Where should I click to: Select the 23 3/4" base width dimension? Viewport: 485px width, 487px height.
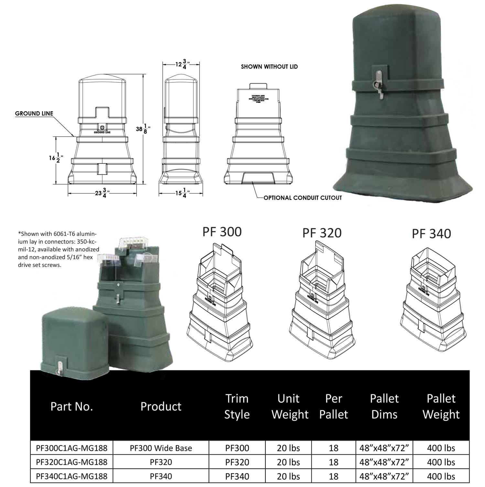click(102, 193)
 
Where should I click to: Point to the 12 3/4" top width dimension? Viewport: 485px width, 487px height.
click(181, 64)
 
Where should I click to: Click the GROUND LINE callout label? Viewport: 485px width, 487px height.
click(34, 113)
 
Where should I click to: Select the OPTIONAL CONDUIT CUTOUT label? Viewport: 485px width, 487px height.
click(302, 197)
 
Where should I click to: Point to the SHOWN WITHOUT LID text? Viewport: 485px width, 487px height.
click(269, 67)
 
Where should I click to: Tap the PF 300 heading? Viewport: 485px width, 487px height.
click(222, 232)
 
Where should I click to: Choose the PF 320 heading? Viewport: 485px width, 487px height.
click(322, 233)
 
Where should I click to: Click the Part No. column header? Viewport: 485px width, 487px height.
click(71, 406)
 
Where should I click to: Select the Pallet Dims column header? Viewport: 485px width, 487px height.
click(384, 406)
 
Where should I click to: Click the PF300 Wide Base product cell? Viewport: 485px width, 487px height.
click(161, 448)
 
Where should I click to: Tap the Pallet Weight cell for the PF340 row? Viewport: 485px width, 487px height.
click(441, 476)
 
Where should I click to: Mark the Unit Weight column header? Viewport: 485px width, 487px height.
click(290, 406)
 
